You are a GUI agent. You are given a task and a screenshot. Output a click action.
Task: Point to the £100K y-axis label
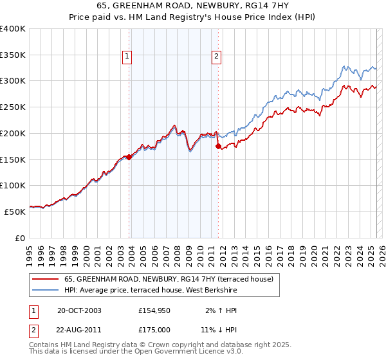(13, 185)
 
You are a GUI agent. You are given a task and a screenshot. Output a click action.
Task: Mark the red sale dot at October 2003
(129, 156)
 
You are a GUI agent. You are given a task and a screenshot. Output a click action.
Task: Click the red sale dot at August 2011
(218, 146)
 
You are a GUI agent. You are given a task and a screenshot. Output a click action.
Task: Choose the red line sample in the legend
(46, 279)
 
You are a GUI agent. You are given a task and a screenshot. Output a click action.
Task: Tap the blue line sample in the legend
(46, 290)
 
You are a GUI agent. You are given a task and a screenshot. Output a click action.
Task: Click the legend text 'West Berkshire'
(214, 290)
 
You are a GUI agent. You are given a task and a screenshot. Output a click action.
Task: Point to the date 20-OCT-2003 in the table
(79, 310)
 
